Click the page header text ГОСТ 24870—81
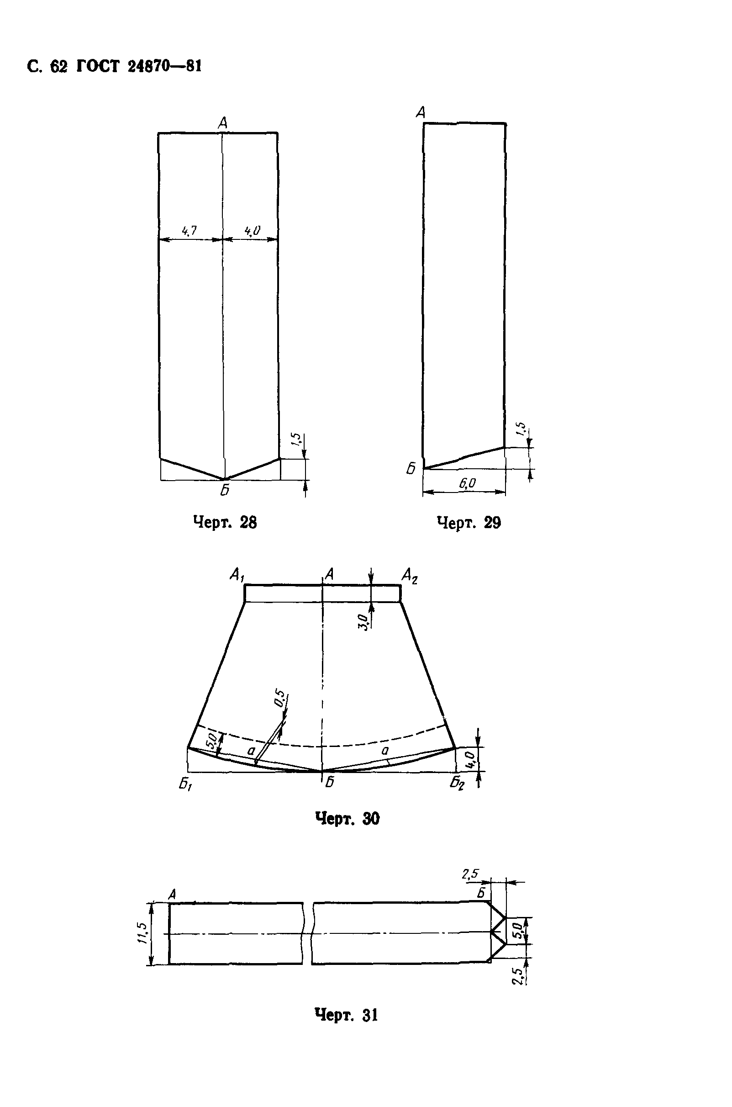coord(139,67)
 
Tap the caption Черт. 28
coord(225,522)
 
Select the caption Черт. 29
coord(469,522)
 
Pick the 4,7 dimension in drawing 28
coord(189,230)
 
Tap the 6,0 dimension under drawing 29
coord(467,483)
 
